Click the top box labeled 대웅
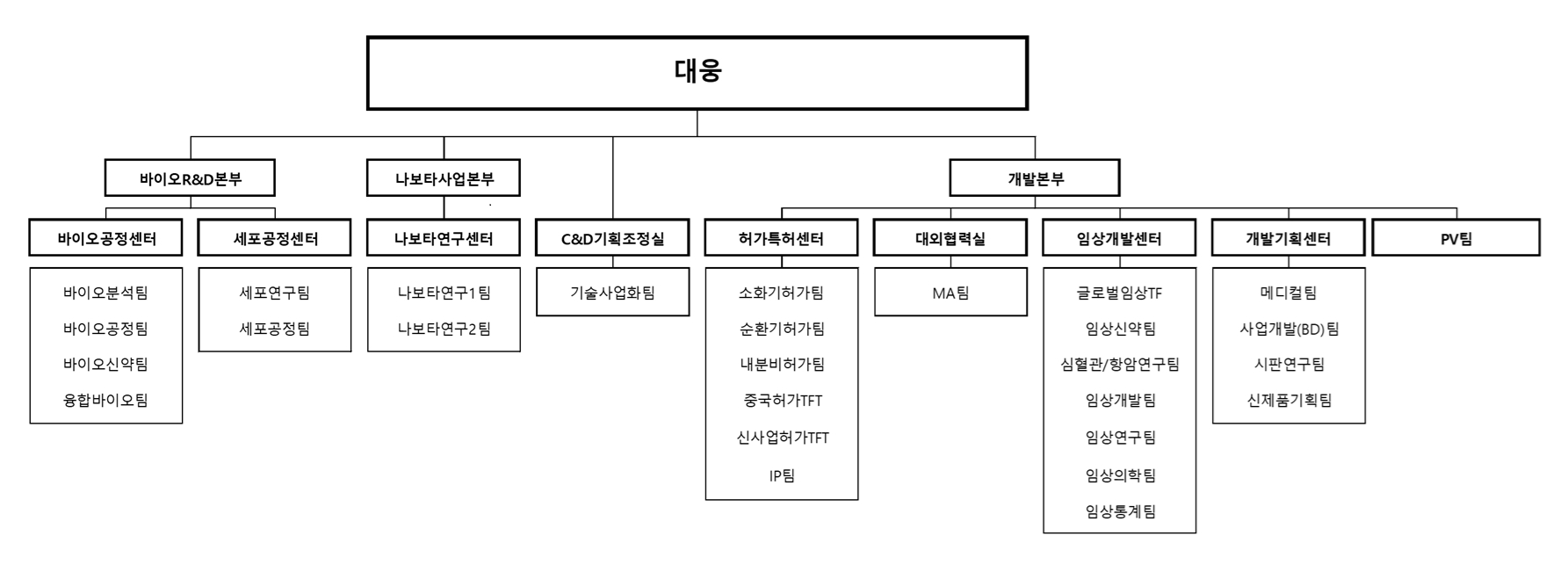[697, 73]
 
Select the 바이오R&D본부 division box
[190, 178]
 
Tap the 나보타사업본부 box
[444, 178]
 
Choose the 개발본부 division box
[1035, 178]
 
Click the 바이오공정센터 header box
[106, 238]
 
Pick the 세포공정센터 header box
[275, 238]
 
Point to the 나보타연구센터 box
[444, 238]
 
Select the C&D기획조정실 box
[612, 238]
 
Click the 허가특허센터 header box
[781, 238]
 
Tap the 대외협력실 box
[950, 238]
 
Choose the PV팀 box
[1455, 238]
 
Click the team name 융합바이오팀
[106, 401]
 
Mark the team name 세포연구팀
[275, 293]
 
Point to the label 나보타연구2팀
[444, 329]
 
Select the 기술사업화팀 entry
[612, 293]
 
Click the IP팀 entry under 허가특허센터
[781, 475]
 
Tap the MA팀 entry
[950, 293]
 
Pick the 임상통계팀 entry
[1120, 511]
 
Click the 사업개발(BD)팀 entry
[1289, 329]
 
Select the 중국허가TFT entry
[782, 401]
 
